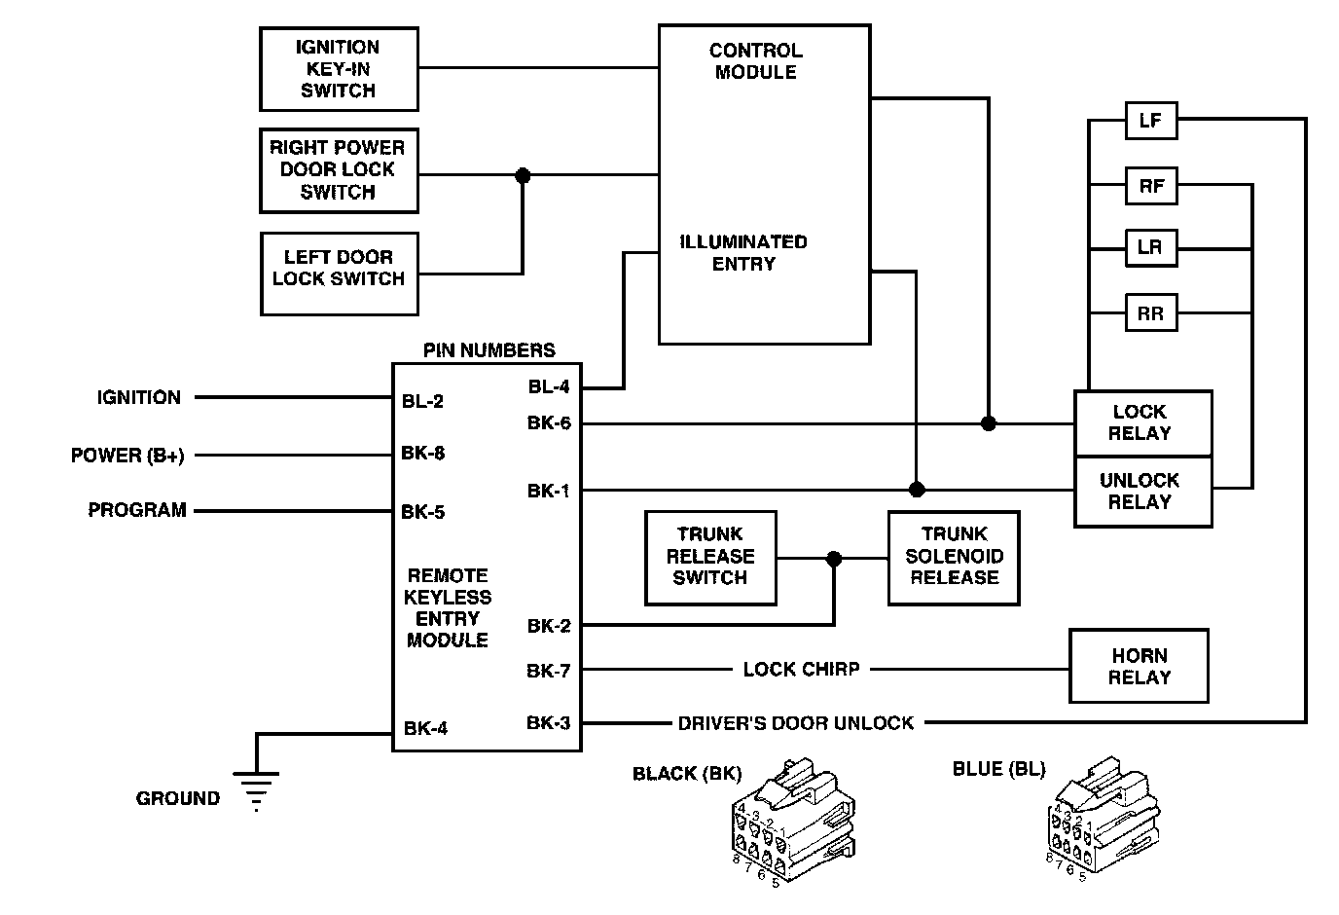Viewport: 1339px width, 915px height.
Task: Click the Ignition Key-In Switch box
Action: (x=339, y=69)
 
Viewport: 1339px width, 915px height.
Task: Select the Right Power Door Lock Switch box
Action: (x=339, y=170)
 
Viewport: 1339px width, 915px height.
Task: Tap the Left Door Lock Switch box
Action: (x=339, y=273)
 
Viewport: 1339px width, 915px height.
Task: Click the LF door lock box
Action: (x=1150, y=121)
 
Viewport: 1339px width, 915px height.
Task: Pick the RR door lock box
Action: (x=1150, y=313)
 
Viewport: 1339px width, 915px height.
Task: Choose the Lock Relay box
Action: (x=1142, y=423)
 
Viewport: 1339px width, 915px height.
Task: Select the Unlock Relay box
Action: (x=1142, y=492)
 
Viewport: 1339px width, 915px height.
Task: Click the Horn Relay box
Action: (x=1139, y=666)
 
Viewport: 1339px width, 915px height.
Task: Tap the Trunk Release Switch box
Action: (x=710, y=557)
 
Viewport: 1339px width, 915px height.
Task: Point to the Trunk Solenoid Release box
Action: (x=954, y=557)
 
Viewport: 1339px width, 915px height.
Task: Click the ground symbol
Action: (x=256, y=788)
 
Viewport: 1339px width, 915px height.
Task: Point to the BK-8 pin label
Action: (x=423, y=454)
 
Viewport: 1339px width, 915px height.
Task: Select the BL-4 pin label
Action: (x=549, y=386)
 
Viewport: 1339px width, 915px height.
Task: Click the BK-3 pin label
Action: (x=549, y=723)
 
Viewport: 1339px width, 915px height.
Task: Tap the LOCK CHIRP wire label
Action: (x=801, y=670)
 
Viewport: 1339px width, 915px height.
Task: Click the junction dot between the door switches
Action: (x=523, y=175)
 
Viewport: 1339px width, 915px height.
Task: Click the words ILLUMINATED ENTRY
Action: (x=743, y=253)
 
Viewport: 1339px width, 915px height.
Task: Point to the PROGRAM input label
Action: (x=137, y=510)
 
